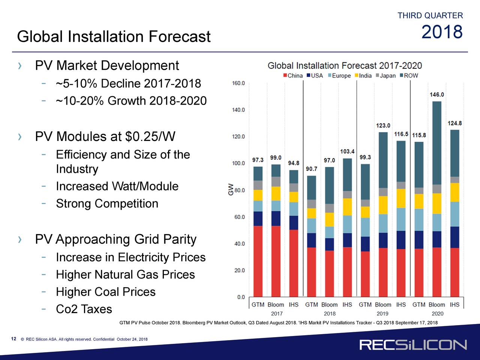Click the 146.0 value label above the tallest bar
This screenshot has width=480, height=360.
coord(437,95)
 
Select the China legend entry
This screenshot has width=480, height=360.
coord(293,75)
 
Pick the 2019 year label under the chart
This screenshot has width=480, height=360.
coord(382,313)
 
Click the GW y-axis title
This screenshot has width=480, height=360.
coord(231,189)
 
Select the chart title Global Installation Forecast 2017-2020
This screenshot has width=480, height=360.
coord(345,66)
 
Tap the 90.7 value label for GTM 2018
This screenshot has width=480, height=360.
coord(311,169)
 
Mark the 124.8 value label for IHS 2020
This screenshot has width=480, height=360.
coord(454,123)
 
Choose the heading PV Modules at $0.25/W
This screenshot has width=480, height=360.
coord(105,137)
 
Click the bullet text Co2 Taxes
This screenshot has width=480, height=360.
coord(84,309)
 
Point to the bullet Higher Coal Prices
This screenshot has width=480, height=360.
coord(105,292)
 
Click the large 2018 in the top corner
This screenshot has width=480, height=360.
coord(442,32)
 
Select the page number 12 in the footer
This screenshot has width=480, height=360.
coord(13,339)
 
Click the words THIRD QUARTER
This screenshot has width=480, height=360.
coord(430,16)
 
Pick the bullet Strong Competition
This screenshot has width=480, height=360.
coord(107,204)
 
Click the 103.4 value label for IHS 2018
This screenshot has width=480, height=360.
coord(347,151)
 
